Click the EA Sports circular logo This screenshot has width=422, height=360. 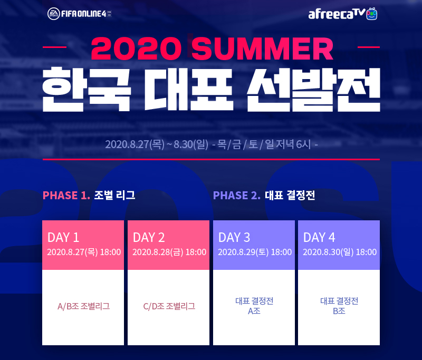click(54, 14)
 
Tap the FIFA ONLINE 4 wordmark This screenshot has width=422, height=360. click(83, 14)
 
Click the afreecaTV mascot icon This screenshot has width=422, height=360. click(372, 14)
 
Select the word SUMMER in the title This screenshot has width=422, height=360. click(262, 48)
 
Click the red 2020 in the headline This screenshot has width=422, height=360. click(136, 48)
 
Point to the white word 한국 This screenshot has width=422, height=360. click(87, 90)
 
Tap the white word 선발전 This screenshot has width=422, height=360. click(313, 90)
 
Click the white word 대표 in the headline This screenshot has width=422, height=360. click(189, 90)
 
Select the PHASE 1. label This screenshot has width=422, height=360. click(66, 196)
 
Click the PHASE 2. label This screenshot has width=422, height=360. click(237, 196)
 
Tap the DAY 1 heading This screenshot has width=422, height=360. click(63, 237)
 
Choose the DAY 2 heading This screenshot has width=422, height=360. click(149, 237)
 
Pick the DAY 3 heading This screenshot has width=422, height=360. click(234, 237)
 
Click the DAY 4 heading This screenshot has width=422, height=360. click(319, 237)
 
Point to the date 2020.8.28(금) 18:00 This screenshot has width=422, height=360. click(169, 252)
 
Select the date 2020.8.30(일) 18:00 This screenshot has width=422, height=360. click(340, 252)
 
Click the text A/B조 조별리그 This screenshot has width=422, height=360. click(84, 306)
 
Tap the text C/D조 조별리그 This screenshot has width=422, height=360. click(169, 306)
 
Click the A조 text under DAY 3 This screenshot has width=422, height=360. click(254, 311)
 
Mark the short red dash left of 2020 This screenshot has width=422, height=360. click(55, 47)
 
